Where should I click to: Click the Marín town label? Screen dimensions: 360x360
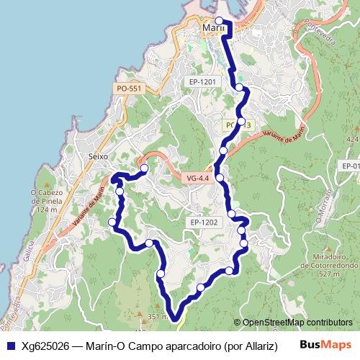click(215, 28)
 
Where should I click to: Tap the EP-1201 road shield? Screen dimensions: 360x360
click(202, 83)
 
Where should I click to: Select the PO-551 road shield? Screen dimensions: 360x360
click(130, 89)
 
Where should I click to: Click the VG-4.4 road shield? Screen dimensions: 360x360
click(197, 177)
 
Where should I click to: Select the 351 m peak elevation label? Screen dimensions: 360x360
click(158, 316)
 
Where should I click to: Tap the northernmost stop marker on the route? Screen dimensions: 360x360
click(219, 20)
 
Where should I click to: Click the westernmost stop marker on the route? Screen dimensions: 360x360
click(112, 222)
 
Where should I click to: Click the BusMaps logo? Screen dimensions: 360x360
click(325, 345)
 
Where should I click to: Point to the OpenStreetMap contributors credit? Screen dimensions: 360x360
click(297, 323)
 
